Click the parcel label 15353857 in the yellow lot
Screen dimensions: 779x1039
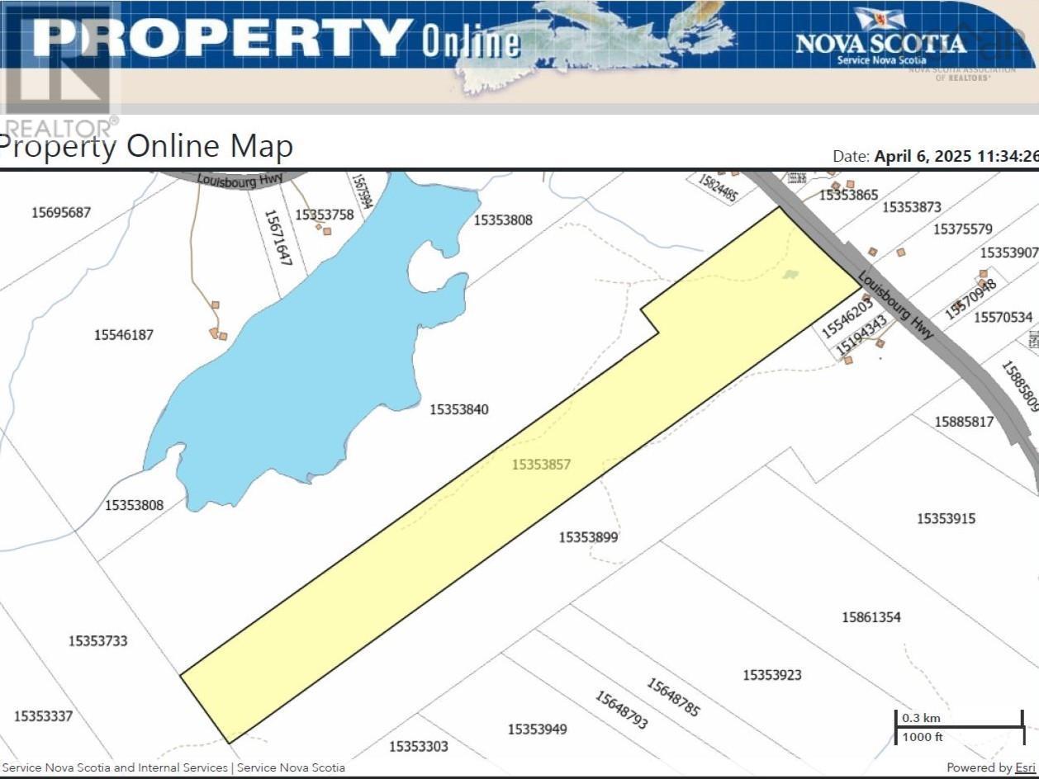(541, 465)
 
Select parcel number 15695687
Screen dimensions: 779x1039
(61, 212)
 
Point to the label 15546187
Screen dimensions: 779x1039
(124, 334)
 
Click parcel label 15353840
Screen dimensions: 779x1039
(459, 409)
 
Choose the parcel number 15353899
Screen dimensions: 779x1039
(588, 537)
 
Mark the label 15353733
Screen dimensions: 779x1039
(98, 640)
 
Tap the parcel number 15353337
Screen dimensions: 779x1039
(43, 715)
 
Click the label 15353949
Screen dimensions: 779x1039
(538, 729)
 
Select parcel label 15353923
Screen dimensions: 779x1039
(772, 674)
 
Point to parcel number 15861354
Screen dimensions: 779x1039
(871, 616)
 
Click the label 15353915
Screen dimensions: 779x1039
(946, 518)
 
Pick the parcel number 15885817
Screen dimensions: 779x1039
(964, 422)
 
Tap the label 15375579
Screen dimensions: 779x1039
(963, 229)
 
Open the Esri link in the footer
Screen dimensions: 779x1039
(1024, 767)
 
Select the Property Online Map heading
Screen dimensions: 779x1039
(146, 146)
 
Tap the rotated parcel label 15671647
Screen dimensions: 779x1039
(278, 236)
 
